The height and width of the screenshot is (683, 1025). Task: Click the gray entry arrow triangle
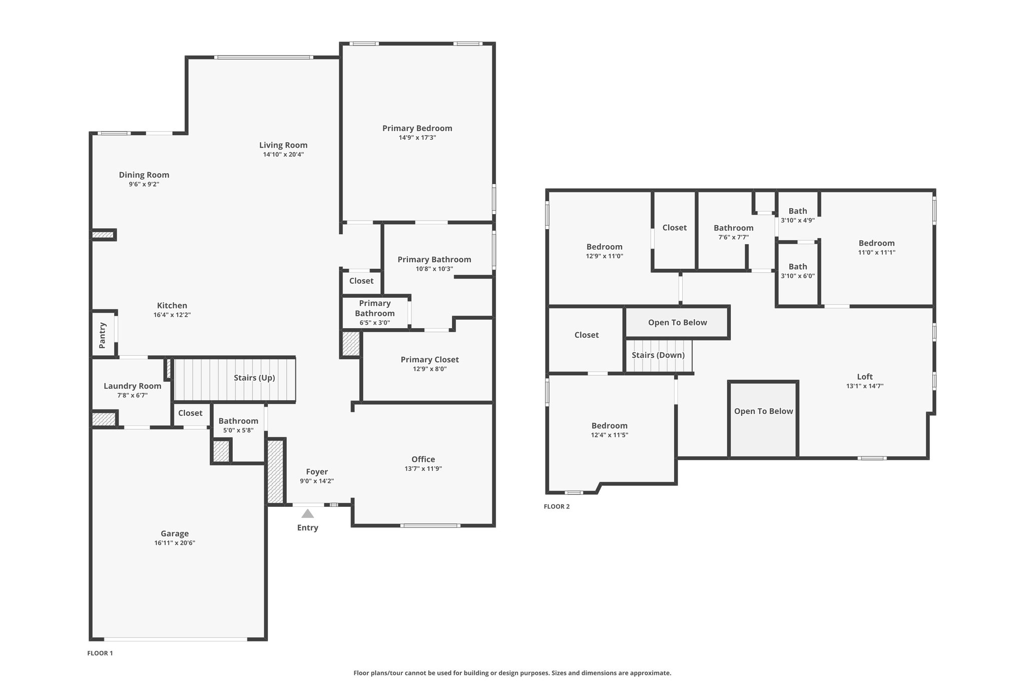coord(307,513)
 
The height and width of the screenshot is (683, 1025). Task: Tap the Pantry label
coord(103,335)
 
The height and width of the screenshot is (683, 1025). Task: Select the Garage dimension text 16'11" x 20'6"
coord(175,543)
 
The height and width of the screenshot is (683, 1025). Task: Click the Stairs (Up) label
coord(254,378)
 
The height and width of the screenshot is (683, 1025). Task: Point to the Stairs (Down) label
coord(658,355)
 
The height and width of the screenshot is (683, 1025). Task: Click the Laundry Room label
coord(133,386)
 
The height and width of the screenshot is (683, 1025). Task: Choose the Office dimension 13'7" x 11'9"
coord(423,469)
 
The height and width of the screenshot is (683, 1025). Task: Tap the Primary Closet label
coord(430,359)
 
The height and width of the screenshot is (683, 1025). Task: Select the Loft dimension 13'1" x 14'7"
coord(865,386)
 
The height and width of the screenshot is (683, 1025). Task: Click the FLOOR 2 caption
coord(557,506)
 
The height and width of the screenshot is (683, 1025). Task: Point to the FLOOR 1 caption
coord(100,653)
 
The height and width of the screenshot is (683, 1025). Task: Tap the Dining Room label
coord(144,175)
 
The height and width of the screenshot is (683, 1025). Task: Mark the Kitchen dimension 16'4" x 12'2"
coord(172,315)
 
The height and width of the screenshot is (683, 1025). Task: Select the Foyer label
coord(317,472)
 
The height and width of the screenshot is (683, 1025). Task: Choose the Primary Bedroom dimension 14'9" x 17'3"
coord(417,138)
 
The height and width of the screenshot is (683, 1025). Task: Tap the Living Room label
coord(283,145)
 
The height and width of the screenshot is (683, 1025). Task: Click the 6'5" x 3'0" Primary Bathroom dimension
coord(375,323)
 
